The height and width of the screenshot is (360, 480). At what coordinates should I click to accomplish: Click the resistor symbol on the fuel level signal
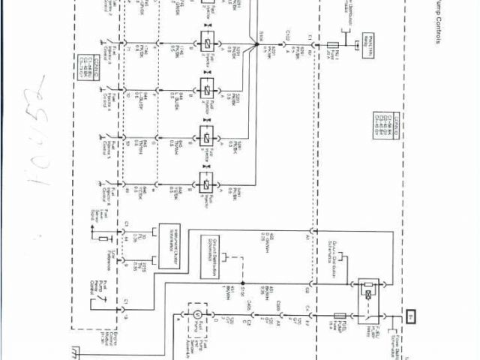tap(104, 238)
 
